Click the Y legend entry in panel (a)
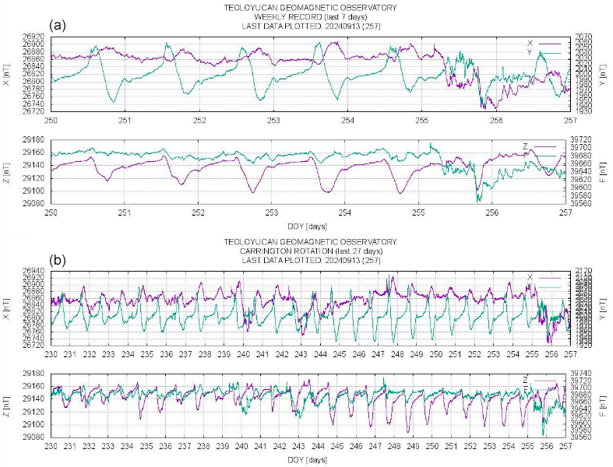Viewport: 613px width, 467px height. click(x=530, y=52)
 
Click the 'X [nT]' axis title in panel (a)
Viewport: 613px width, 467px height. click(x=7, y=74)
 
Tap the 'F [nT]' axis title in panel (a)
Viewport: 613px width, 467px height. click(x=606, y=171)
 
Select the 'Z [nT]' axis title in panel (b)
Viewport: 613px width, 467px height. click(x=7, y=405)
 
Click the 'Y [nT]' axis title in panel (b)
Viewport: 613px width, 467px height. click(x=606, y=307)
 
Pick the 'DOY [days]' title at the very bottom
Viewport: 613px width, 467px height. click(x=309, y=459)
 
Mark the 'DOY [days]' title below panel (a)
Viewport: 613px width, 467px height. click(x=309, y=226)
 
